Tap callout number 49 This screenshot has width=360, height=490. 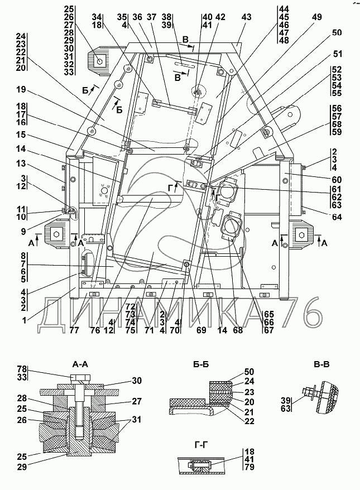pos(317,17)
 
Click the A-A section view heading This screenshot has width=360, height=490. pos(80,364)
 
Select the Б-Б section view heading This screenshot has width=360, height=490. pos(200,364)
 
